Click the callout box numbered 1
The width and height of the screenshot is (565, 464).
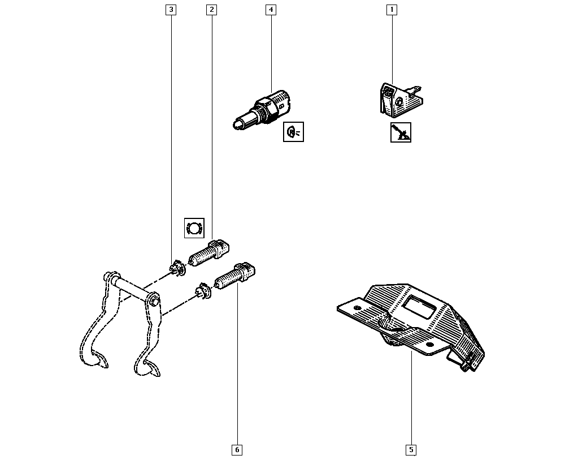pos(392,10)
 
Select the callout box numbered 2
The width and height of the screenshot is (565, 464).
pos(211,10)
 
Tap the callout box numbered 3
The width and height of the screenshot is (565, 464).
pos(171,10)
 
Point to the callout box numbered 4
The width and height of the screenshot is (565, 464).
pos(271,10)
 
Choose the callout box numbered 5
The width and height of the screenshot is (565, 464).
pos(411,450)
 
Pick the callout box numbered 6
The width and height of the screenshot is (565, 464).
pos(237,450)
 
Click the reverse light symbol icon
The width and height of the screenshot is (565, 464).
pos(293,132)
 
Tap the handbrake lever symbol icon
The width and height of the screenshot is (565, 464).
pos(401,132)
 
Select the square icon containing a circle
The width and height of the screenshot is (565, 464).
pos(194,228)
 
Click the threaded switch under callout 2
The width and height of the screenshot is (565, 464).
pos(209,252)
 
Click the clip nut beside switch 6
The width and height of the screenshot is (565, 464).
pos(203,291)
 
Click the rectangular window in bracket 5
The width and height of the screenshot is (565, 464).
pos(419,306)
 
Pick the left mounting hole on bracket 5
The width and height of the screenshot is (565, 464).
pos(357,308)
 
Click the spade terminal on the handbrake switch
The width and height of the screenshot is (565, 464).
pos(415,89)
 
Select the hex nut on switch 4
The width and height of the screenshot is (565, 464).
pos(266,107)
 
